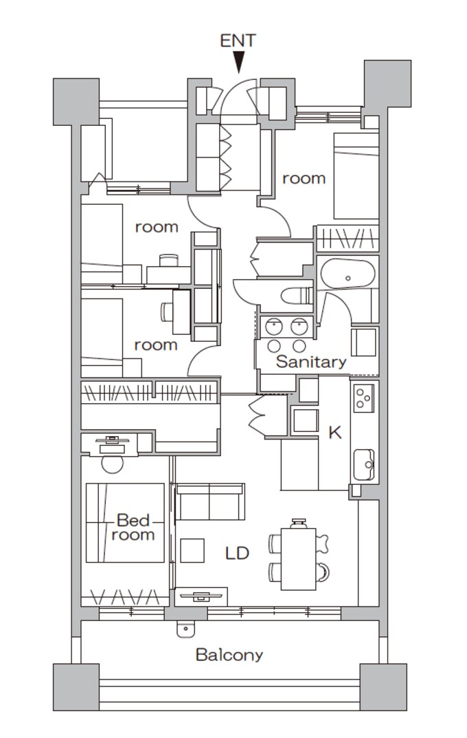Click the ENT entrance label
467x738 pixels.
[x=238, y=41]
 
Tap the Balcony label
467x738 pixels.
[x=229, y=655]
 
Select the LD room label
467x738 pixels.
[x=237, y=553]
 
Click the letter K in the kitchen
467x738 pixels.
[x=335, y=432]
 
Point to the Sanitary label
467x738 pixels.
[x=311, y=362]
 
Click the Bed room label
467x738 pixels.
[x=133, y=527]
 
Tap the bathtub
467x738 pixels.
[x=348, y=273]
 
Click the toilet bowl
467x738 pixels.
[x=297, y=296]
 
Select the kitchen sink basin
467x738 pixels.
[x=364, y=464]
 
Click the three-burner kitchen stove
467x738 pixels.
[x=364, y=398]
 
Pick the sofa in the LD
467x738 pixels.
[x=209, y=501]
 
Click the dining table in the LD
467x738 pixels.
[x=298, y=559]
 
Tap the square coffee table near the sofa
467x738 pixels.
[x=192, y=550]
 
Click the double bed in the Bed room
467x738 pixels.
[x=125, y=523]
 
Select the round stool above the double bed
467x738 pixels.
[x=113, y=463]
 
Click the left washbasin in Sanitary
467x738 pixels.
[x=273, y=326]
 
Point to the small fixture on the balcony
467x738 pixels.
[x=185, y=629]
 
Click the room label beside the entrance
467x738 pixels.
[x=304, y=179]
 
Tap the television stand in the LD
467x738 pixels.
[x=201, y=596]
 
